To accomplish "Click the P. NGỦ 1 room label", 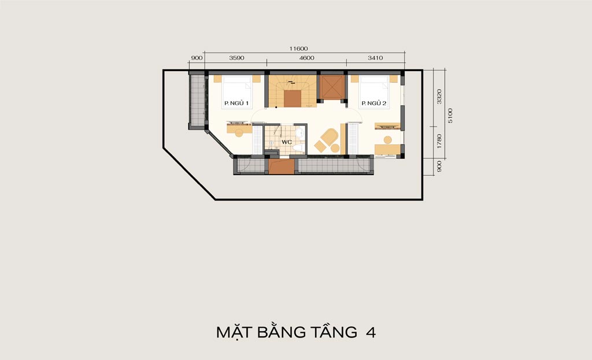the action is tap(236, 103).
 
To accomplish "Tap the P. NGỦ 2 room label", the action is tap(374, 103).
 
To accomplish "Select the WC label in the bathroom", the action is tap(287, 142).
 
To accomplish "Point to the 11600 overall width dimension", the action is tap(299, 49).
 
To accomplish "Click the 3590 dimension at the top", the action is tap(236, 58).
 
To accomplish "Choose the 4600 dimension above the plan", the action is tap(306, 58).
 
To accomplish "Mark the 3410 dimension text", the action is tap(375, 58).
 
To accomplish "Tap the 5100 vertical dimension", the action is tap(450, 116).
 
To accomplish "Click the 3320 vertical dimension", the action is tap(439, 97).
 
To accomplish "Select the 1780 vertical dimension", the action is tap(439, 141).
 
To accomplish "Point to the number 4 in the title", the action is tap(371, 332).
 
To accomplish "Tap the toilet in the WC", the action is tap(299, 147).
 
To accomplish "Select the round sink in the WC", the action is tap(300, 132).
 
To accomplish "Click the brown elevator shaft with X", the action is tap(332, 87).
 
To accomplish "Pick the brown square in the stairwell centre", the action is tap(293, 99).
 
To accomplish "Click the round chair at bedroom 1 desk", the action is tap(239, 133).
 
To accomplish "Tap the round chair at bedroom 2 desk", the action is tap(388, 140).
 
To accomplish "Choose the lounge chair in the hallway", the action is tap(330, 136).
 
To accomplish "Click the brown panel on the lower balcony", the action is tap(282, 166).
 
